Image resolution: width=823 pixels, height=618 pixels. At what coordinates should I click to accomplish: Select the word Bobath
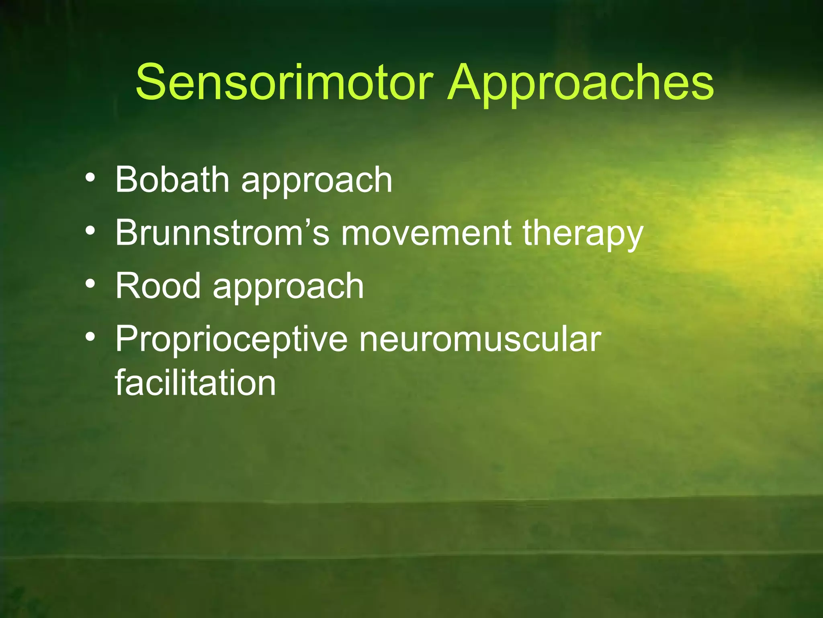172,179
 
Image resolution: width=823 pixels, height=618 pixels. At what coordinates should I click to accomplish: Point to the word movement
426,233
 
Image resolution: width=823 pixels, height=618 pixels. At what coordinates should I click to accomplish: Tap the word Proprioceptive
231,340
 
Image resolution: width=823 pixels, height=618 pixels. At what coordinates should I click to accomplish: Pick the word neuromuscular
480,340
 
